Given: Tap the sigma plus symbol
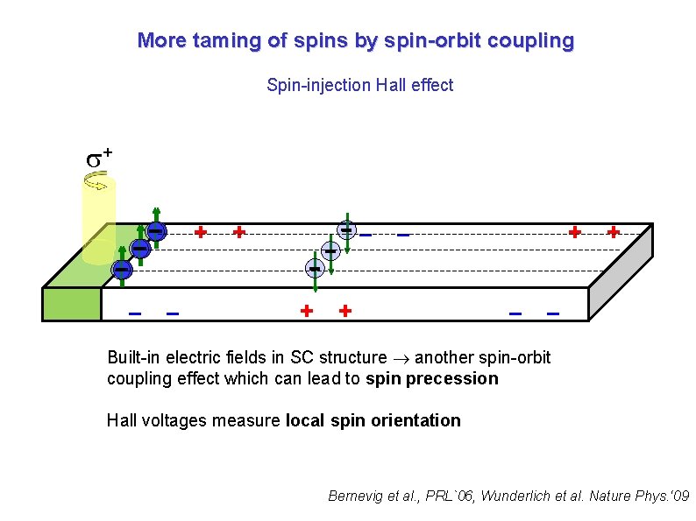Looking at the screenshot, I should [x=97, y=158].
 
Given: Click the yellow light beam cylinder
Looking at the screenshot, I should [x=98, y=219].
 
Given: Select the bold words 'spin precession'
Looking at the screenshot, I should [x=432, y=379].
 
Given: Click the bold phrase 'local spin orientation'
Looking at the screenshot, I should [x=373, y=420].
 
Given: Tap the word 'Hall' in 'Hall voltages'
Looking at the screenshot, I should [x=122, y=420].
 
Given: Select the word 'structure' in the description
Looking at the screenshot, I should [x=353, y=357].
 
